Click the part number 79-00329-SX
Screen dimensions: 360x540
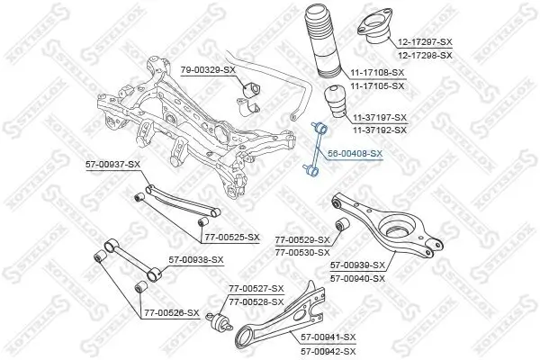tap(208, 70)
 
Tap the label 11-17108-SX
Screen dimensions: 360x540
tap(376, 71)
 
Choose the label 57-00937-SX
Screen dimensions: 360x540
tap(113, 164)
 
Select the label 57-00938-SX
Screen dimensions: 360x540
tap(197, 259)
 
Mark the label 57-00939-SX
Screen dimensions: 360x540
tap(357, 265)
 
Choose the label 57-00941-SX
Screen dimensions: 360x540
tap(328, 337)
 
